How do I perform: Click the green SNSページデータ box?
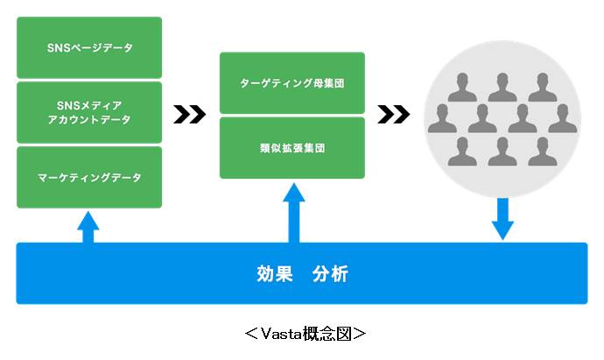(89, 47)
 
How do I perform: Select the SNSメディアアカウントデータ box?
(89, 112)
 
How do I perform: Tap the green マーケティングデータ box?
(89, 177)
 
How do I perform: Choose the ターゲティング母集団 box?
(292, 84)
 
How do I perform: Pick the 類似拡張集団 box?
(292, 148)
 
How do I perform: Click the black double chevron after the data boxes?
(190, 114)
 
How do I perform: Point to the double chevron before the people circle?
(394, 114)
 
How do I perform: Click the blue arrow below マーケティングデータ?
(88, 226)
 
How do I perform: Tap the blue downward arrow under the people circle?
(502, 218)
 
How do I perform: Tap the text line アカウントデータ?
(89, 120)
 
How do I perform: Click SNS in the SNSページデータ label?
(56, 47)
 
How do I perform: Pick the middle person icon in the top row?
(502, 88)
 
